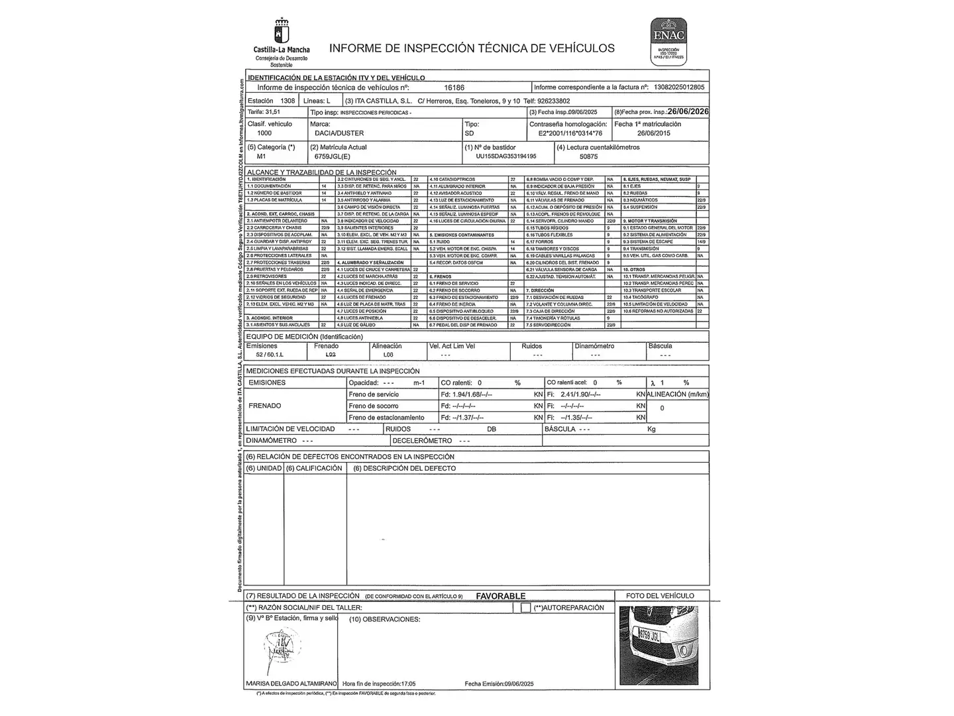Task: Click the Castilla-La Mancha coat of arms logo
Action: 281,31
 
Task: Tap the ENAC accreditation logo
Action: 668,40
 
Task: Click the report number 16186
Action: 454,88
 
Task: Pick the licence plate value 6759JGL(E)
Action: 332,157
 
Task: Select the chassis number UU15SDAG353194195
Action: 505,157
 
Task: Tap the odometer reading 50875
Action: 588,157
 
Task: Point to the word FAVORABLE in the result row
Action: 500,596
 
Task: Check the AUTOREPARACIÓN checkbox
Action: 525,608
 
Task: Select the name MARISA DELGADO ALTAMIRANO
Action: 291,684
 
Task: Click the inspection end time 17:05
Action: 407,684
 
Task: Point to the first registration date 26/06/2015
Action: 653,133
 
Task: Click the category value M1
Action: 261,157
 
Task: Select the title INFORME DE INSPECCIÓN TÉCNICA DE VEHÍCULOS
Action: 472,48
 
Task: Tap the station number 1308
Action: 288,101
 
